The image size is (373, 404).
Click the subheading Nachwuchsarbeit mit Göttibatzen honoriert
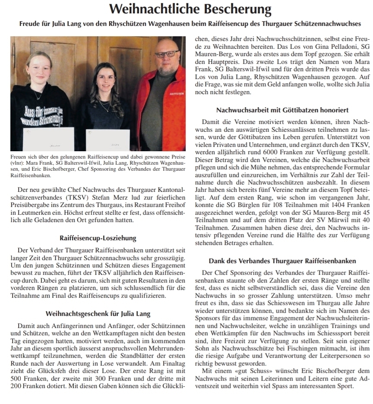click(282, 110)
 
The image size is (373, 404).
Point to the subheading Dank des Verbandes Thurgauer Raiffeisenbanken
click(282, 261)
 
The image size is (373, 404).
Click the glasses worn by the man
click(167, 54)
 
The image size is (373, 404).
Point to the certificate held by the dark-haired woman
click(108, 140)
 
